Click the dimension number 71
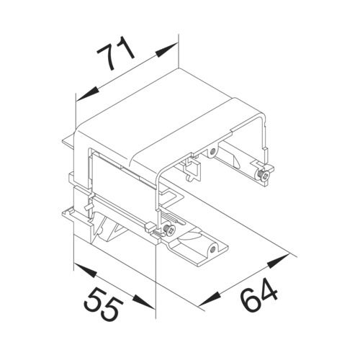[115, 53]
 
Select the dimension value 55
[104, 305]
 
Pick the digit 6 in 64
[250, 298]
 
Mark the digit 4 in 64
[269, 289]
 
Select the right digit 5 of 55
[113, 309]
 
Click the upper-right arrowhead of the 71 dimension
[166, 50]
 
